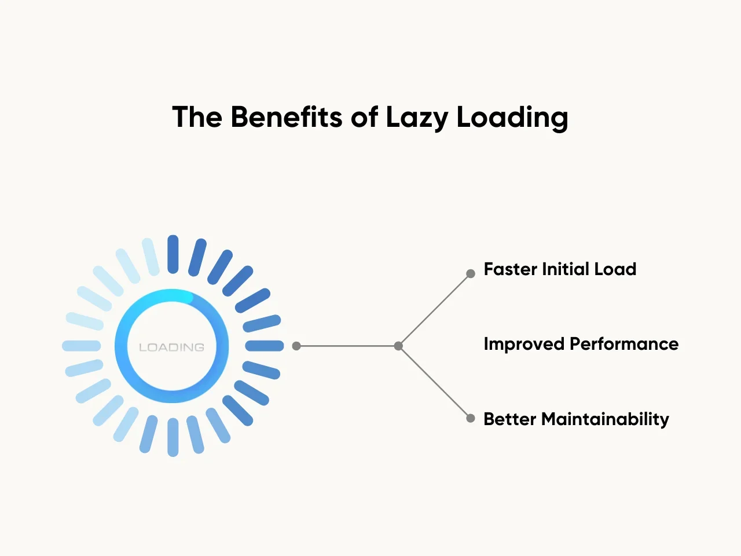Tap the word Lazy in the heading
(416, 118)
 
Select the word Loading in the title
(512, 118)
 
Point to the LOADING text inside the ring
(172, 348)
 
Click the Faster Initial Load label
(560, 269)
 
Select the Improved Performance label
(581, 344)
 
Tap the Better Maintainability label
(576, 419)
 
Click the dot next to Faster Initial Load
(471, 273)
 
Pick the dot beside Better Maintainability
(471, 418)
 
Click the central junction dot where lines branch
(398, 346)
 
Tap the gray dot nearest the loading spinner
(296, 346)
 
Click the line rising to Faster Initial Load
(434, 310)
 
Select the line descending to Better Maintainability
(434, 382)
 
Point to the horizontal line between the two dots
(347, 346)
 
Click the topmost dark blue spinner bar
(173, 254)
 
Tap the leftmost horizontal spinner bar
(81, 346)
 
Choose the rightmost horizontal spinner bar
(265, 346)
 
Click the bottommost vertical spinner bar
(173, 437)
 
